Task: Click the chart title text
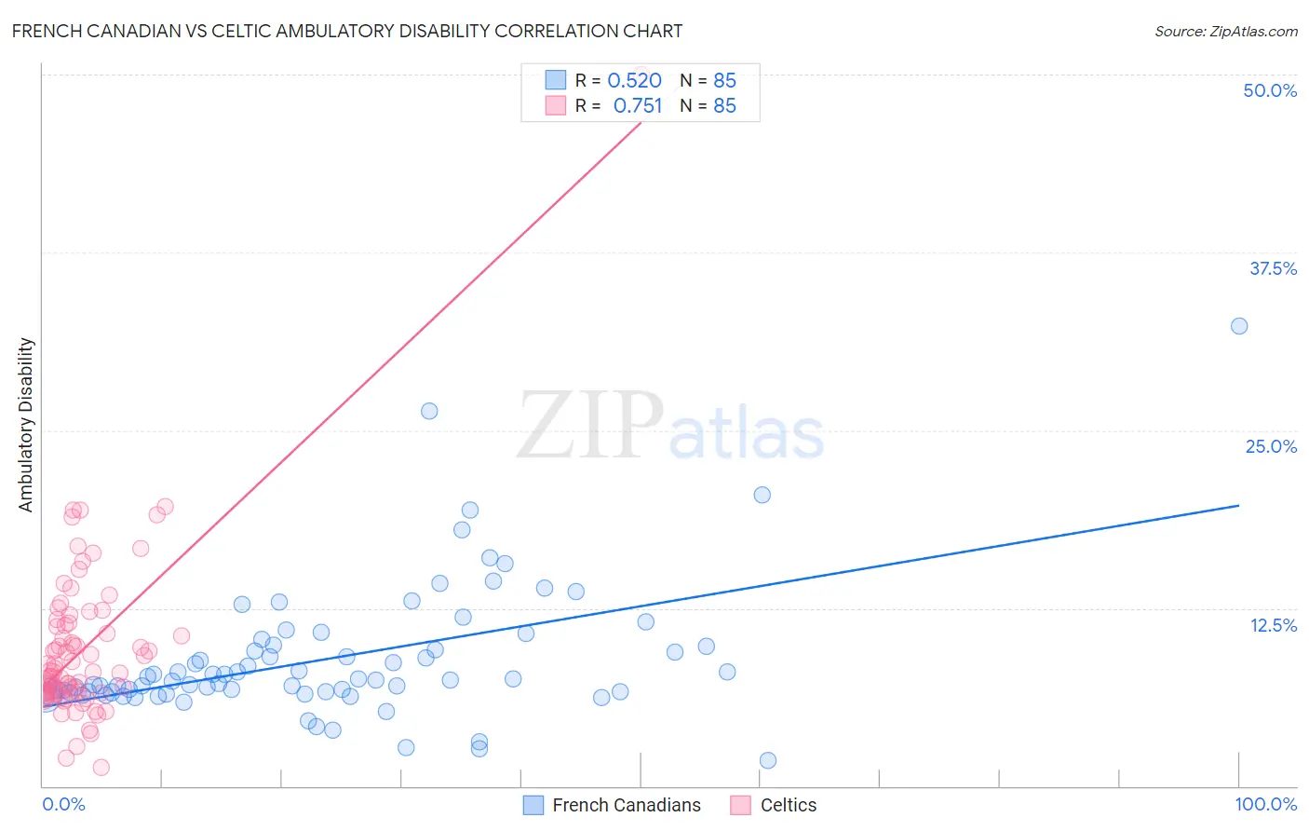(346, 31)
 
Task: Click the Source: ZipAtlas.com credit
(1225, 31)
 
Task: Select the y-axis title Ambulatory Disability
(26, 425)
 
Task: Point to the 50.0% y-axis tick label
(1270, 90)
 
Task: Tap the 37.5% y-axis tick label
(1273, 268)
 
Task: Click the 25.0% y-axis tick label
(1271, 446)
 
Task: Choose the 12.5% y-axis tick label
(1273, 625)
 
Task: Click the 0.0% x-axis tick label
(63, 804)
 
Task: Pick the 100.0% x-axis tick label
(1265, 804)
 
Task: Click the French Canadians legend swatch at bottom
(533, 805)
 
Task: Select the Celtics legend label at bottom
(788, 805)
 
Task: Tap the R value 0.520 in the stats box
(634, 81)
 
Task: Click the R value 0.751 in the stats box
(637, 106)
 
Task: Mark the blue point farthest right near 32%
(1239, 326)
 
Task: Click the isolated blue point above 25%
(429, 411)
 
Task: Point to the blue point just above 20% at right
(762, 495)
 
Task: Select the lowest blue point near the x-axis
(768, 760)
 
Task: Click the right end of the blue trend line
(1239, 505)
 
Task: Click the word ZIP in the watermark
(590, 426)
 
